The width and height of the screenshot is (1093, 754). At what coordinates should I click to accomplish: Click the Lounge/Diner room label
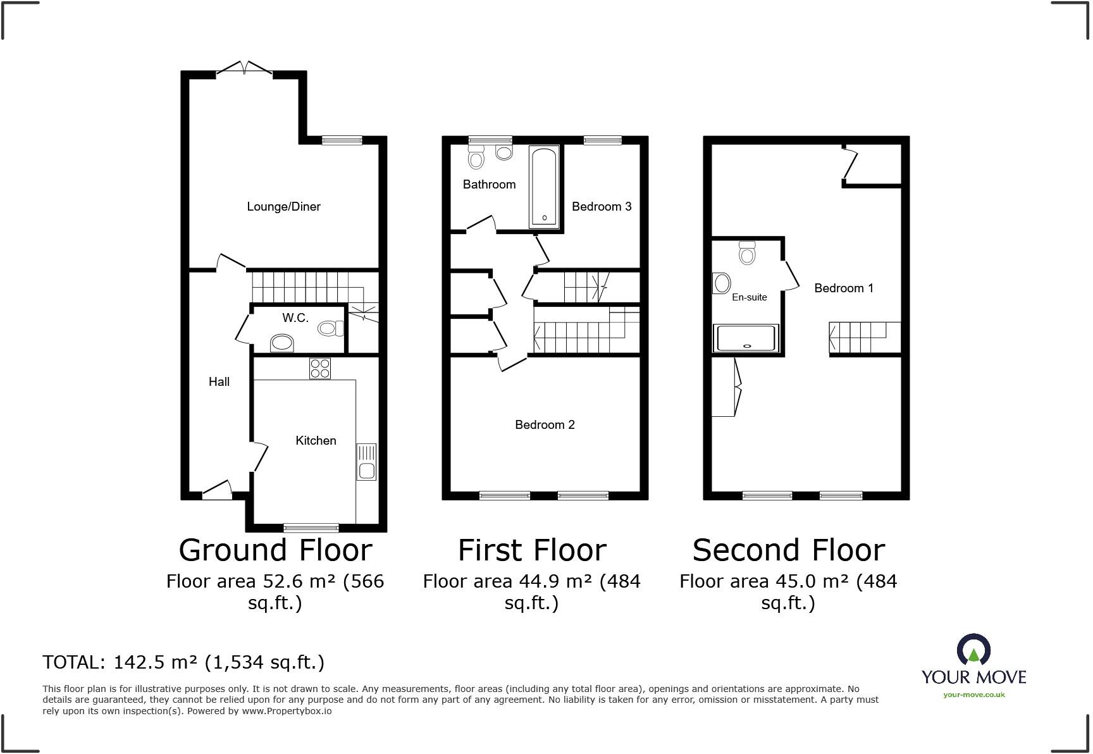click(283, 206)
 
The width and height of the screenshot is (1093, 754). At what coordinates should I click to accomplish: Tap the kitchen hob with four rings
click(320, 368)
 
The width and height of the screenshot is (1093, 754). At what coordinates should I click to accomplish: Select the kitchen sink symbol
click(366, 461)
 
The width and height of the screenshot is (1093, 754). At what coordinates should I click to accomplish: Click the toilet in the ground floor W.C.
click(330, 328)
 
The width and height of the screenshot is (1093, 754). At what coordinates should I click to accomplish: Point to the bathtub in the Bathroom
click(544, 187)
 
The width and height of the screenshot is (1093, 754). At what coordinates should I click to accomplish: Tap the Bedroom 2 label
click(545, 424)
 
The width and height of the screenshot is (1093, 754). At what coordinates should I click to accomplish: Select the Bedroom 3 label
click(602, 206)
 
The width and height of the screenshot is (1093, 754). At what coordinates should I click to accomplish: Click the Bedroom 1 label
click(843, 288)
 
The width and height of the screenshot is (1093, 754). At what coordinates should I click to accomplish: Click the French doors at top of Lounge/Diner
click(245, 68)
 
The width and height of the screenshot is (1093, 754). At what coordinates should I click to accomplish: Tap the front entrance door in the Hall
click(217, 490)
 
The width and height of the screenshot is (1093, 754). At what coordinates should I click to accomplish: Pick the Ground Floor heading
click(275, 550)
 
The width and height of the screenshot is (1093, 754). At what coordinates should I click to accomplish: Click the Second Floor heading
click(788, 550)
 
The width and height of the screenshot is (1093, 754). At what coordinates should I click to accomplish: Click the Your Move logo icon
click(973, 650)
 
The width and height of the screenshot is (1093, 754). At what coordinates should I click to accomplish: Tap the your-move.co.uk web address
click(973, 695)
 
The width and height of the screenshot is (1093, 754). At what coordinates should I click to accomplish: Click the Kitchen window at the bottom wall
click(311, 528)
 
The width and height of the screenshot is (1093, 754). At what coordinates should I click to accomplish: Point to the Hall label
click(219, 381)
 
